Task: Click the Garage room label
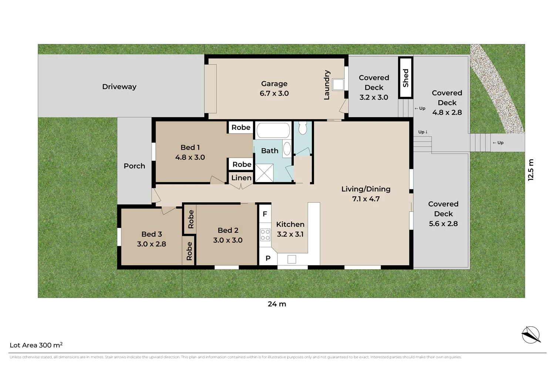pos(274,84)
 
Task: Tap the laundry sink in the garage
pos(338,84)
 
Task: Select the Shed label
pos(406,78)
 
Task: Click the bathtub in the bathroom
pos(273,131)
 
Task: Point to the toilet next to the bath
pos(303,128)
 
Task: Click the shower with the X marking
pos(264,173)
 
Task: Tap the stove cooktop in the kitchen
pos(265,235)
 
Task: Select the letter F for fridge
pos(265,214)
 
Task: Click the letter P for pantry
pos(268,258)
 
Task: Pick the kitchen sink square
pos(292,259)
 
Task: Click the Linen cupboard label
pos(241,178)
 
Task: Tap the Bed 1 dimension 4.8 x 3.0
pos(190,157)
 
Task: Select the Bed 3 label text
pos(152,234)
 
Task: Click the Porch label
pos(134,166)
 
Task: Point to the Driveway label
pos(119,87)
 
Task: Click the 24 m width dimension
pos(277,304)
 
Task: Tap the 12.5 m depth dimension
pos(531,170)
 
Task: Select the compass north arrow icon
pos(531,335)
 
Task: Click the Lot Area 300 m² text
pos(36,345)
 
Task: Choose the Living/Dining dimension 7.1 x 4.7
pos(366,199)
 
